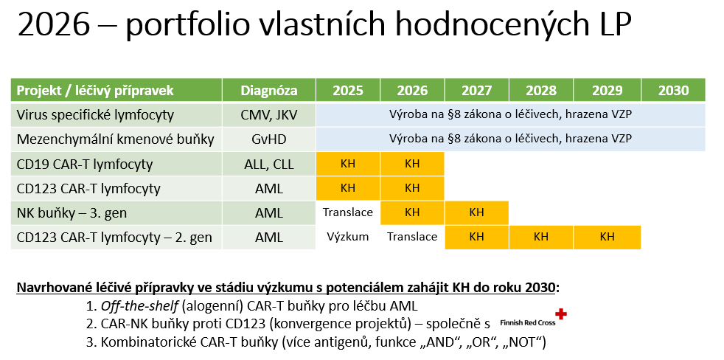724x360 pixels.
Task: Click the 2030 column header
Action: click(673, 90)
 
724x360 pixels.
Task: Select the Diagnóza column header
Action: click(268, 90)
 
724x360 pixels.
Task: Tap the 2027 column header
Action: click(476, 90)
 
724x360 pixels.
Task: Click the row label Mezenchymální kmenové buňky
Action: click(116, 139)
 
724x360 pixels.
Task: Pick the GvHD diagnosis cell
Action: click(268, 139)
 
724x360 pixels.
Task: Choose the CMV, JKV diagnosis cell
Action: click(268, 114)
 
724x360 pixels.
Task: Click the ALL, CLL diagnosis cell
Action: click(268, 164)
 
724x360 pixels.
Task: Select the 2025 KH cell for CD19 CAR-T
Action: click(348, 164)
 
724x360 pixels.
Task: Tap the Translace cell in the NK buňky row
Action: click(348, 212)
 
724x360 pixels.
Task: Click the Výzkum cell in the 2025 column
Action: click(348, 237)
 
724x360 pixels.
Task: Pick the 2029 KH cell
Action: click(608, 237)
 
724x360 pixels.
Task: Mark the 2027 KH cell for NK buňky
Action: click(476, 212)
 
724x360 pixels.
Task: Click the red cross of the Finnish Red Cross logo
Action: click(560, 314)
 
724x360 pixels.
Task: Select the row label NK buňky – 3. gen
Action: click(72, 213)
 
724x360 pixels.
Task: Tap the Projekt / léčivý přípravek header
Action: click(95, 91)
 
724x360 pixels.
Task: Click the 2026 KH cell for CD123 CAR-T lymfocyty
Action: click(412, 188)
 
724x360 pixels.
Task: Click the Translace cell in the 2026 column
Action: click(412, 237)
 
